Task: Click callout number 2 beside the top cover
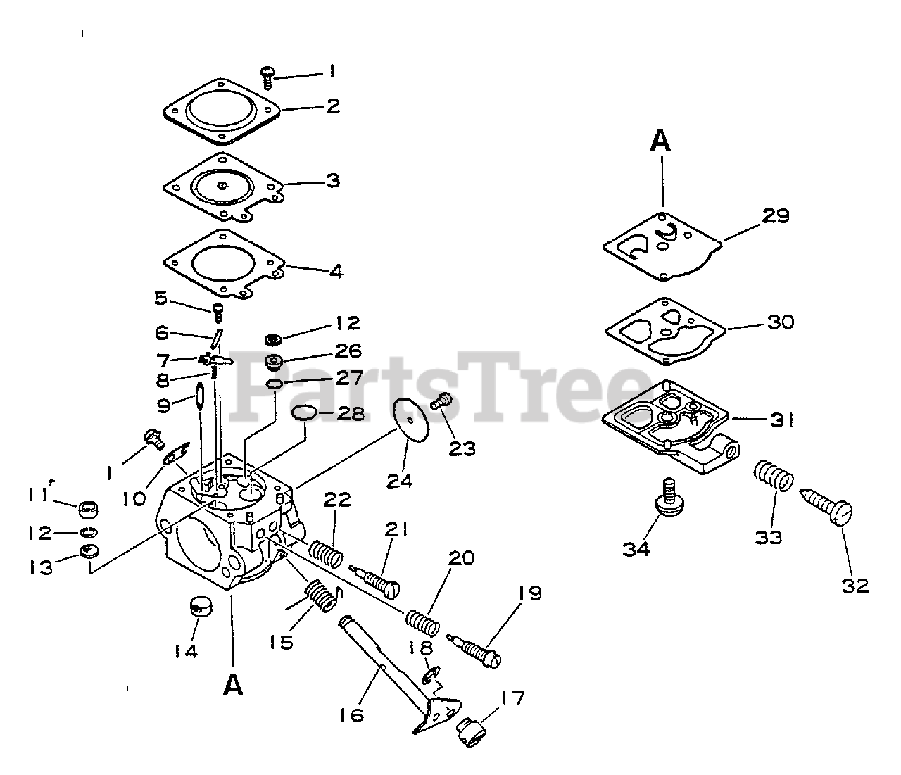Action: coord(332,106)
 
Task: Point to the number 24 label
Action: coord(400,481)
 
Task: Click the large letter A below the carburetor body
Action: coord(233,683)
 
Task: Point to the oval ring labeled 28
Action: coord(303,412)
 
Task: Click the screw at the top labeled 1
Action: coord(267,75)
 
